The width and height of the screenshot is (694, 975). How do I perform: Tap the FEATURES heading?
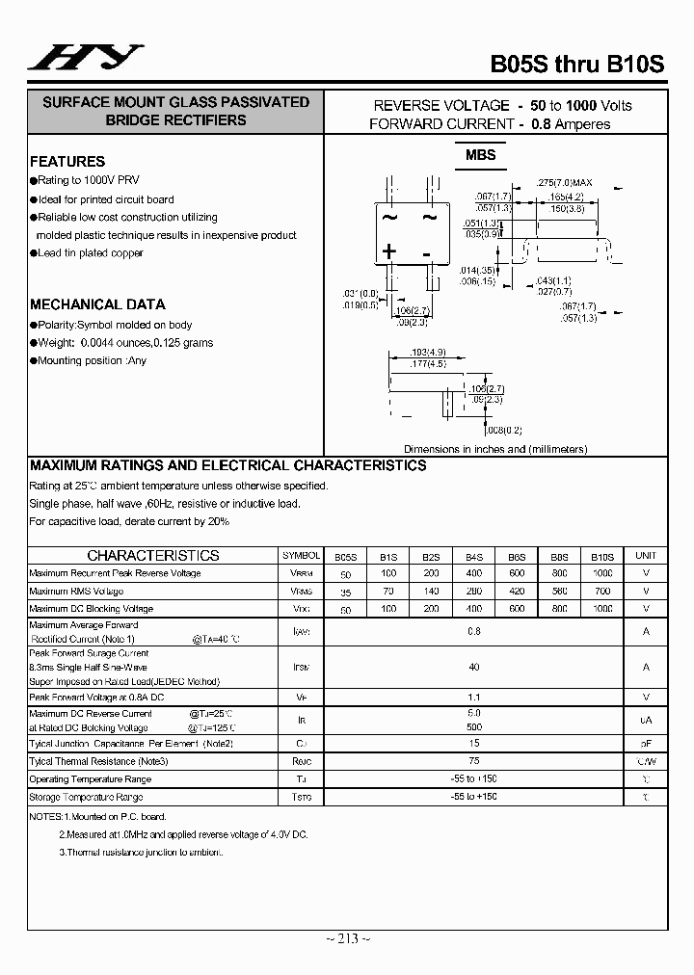pos(67,162)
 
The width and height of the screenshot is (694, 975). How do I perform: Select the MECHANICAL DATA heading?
pos(97,304)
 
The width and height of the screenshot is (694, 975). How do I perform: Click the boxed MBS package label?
pos(480,155)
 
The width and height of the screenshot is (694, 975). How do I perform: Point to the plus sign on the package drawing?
pos(389,252)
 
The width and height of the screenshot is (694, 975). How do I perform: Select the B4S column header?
pos(474,556)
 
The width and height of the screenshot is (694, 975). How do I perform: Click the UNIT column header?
pos(645,556)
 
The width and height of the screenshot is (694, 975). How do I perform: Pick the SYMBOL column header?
pos(301,556)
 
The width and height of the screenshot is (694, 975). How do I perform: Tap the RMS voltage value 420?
pos(517,592)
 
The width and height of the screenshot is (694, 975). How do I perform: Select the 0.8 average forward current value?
pos(473,631)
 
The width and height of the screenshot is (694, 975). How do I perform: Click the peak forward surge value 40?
pos(473,667)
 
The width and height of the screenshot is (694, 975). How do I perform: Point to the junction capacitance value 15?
pos(473,743)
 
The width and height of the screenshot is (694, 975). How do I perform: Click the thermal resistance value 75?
pos(473,760)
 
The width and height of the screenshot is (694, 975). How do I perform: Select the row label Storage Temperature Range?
pos(86,797)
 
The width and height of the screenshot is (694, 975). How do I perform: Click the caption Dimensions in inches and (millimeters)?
pos(495,449)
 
